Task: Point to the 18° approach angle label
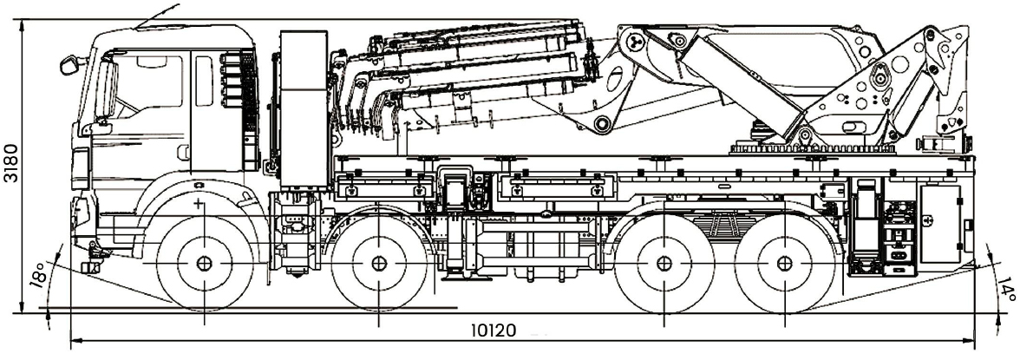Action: [x=37, y=275]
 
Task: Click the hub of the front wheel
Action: [x=204, y=264]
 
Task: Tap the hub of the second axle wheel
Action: [x=379, y=264]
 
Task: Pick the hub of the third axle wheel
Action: [x=664, y=264]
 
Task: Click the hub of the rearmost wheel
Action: [x=785, y=264]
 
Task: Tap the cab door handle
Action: [x=183, y=153]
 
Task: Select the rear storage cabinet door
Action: [x=939, y=223]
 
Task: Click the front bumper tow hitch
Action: [x=91, y=257]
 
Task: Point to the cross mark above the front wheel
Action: [x=199, y=204]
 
